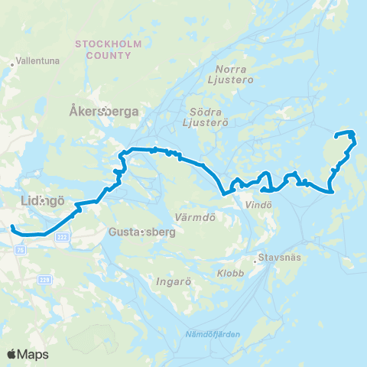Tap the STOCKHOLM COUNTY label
click(109, 50)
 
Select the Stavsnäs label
click(282, 258)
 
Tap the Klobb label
click(230, 273)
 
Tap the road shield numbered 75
click(19, 248)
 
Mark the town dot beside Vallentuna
click(13, 65)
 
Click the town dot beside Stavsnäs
click(261, 258)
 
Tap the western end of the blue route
click(12, 227)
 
